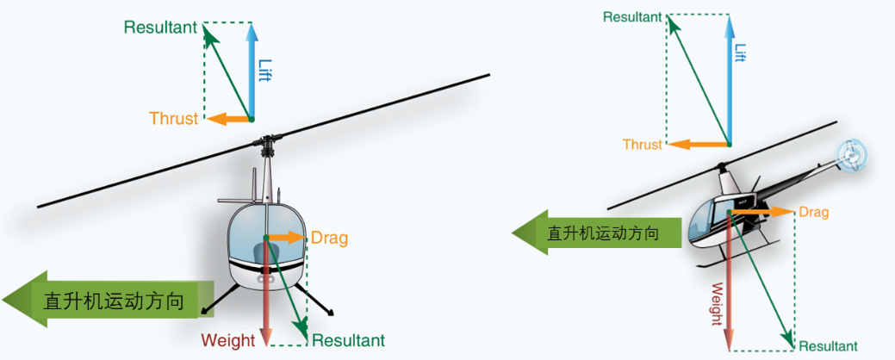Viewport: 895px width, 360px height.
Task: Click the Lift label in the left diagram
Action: point(264,70)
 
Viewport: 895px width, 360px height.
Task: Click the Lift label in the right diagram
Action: point(739,53)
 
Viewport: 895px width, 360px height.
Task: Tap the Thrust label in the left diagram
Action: point(173,119)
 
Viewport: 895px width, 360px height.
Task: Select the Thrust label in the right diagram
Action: point(643,145)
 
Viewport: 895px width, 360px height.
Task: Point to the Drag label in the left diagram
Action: point(329,238)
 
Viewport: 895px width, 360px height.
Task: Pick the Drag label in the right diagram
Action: point(813,212)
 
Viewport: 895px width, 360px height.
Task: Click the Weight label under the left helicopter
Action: point(228,340)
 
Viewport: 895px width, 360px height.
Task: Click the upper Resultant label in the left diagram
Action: point(160,27)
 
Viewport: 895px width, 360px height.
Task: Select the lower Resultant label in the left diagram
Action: point(348,340)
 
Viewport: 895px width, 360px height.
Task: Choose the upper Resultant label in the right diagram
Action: point(632,16)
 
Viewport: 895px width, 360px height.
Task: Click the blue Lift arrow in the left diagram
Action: point(252,73)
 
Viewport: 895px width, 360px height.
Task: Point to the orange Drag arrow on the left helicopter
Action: point(287,237)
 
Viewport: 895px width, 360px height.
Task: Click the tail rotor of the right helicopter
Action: point(851,155)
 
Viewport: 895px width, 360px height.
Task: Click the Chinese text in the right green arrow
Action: point(603,233)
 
